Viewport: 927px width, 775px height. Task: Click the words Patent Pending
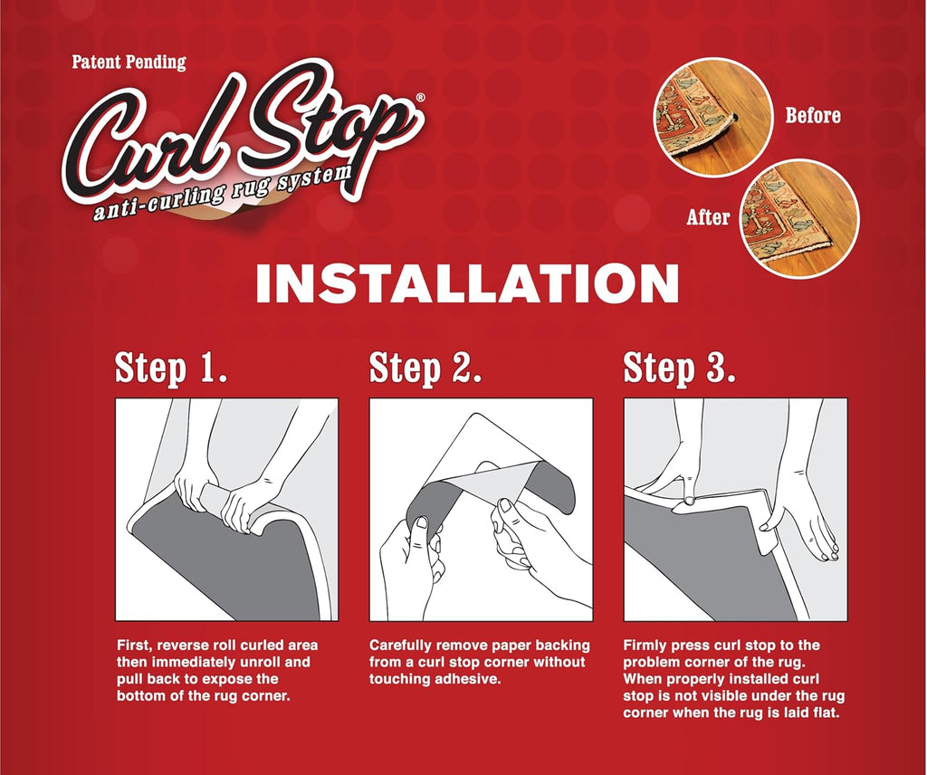click(129, 62)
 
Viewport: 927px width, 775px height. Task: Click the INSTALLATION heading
click(468, 284)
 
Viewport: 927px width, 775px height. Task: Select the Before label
click(812, 115)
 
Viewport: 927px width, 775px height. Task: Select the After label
click(708, 217)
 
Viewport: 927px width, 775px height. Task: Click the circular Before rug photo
click(713, 116)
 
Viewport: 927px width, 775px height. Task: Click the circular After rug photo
click(799, 220)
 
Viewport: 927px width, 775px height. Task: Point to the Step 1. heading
click(171, 368)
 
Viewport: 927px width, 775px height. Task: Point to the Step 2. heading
click(425, 368)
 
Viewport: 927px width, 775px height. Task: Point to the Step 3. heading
click(680, 368)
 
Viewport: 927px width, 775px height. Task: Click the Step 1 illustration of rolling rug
click(226, 510)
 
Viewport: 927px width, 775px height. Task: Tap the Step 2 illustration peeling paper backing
click(482, 510)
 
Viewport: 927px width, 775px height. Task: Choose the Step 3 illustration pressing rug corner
click(735, 510)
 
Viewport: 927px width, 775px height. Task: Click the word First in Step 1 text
click(133, 645)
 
